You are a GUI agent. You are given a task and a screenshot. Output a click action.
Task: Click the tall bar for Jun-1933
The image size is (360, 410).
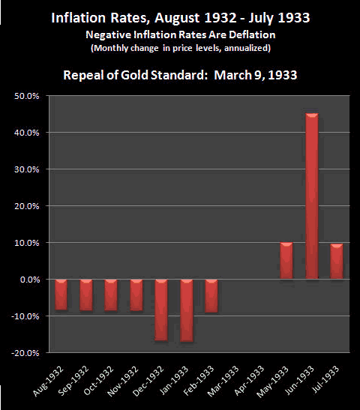coord(312,196)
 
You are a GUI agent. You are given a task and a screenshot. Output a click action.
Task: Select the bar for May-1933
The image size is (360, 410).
coord(286,260)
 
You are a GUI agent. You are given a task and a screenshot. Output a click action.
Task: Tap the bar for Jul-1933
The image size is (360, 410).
coord(337,262)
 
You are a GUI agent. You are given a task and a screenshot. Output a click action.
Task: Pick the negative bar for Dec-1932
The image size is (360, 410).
coord(161,310)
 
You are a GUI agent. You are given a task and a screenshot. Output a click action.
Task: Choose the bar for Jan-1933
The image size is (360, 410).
coord(187,310)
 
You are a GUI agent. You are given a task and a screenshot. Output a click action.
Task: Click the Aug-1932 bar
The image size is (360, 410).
coord(61,295)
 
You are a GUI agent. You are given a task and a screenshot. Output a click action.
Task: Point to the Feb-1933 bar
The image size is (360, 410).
coord(211,296)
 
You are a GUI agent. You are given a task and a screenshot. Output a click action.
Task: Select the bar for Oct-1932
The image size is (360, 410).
coord(111,295)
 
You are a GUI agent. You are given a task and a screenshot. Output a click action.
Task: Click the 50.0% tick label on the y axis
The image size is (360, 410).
coord(27,96)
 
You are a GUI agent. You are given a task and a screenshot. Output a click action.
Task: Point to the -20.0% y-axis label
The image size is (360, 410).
coord(25,353)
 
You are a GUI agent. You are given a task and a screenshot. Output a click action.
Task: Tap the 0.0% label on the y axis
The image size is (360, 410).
coord(30,280)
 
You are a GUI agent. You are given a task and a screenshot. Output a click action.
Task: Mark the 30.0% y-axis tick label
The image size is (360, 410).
coord(27,169)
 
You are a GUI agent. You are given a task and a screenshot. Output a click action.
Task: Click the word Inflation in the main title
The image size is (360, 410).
coord(79,18)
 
